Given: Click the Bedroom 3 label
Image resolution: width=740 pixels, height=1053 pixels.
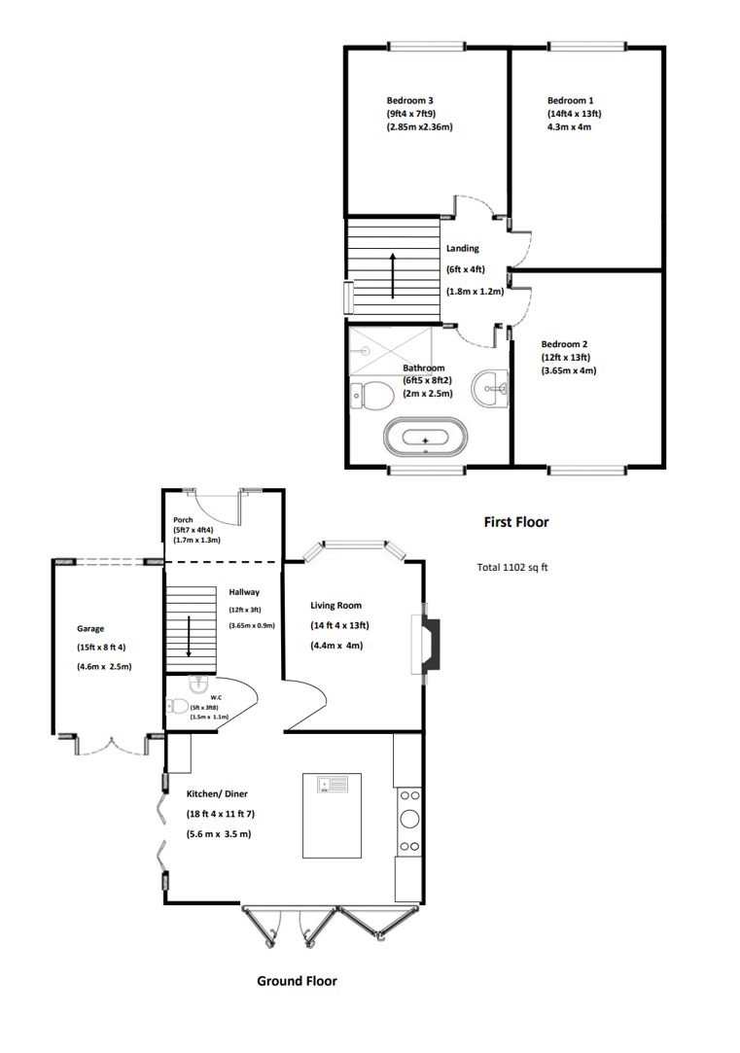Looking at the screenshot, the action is tap(409, 101).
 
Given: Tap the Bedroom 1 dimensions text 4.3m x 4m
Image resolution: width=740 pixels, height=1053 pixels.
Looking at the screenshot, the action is tap(569, 127).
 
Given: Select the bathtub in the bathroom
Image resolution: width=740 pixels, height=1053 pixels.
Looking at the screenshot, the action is tap(424, 437).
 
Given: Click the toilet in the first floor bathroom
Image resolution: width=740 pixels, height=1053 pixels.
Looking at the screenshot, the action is tap(372, 396).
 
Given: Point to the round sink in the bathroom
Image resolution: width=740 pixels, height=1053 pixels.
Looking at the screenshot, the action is tap(490, 388).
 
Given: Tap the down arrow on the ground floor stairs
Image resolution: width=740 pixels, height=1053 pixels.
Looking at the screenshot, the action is tap(189, 636).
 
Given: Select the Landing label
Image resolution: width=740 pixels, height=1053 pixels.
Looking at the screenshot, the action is tap(463, 249).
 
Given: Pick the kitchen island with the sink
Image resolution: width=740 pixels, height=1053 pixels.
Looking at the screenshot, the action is tap(332, 815).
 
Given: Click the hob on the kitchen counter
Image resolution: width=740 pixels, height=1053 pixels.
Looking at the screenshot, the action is tap(409, 821).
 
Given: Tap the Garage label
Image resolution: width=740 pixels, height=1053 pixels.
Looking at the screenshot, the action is tap(90, 628).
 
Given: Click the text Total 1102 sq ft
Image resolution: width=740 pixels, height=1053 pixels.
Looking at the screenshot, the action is tap(512, 568).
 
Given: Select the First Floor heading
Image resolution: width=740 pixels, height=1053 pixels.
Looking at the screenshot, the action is tap(516, 522).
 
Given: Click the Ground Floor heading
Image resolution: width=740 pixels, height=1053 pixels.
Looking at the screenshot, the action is tap(297, 981).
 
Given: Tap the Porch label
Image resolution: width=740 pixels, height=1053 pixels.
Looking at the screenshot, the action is tap(183, 520).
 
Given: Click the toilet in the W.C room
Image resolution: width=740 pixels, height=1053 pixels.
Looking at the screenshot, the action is tap(178, 706).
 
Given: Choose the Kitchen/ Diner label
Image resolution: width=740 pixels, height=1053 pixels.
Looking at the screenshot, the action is tap(217, 793).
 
